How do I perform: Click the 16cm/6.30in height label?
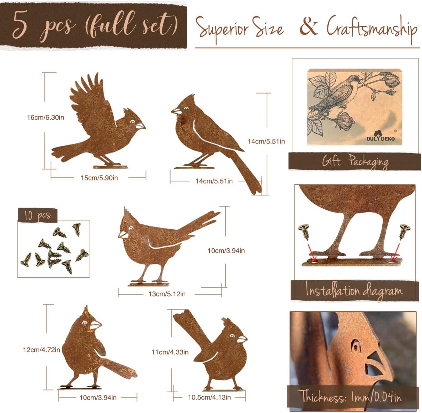(45, 118)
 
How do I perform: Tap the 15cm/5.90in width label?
(99, 178)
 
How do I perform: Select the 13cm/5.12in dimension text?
(167, 294)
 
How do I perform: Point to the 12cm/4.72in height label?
(41, 350)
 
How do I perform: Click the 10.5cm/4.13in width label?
(209, 397)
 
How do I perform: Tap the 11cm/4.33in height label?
(170, 352)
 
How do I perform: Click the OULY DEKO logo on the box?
(380, 136)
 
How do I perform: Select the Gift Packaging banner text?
(355, 162)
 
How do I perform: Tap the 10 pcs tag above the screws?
(37, 215)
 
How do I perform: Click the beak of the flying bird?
(140, 126)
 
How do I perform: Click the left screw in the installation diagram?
(304, 232)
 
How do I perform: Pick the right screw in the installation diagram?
(404, 231)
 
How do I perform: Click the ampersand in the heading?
(309, 26)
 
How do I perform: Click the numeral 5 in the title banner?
(21, 25)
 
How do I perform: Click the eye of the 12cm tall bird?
(85, 323)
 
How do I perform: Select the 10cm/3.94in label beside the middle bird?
(226, 251)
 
